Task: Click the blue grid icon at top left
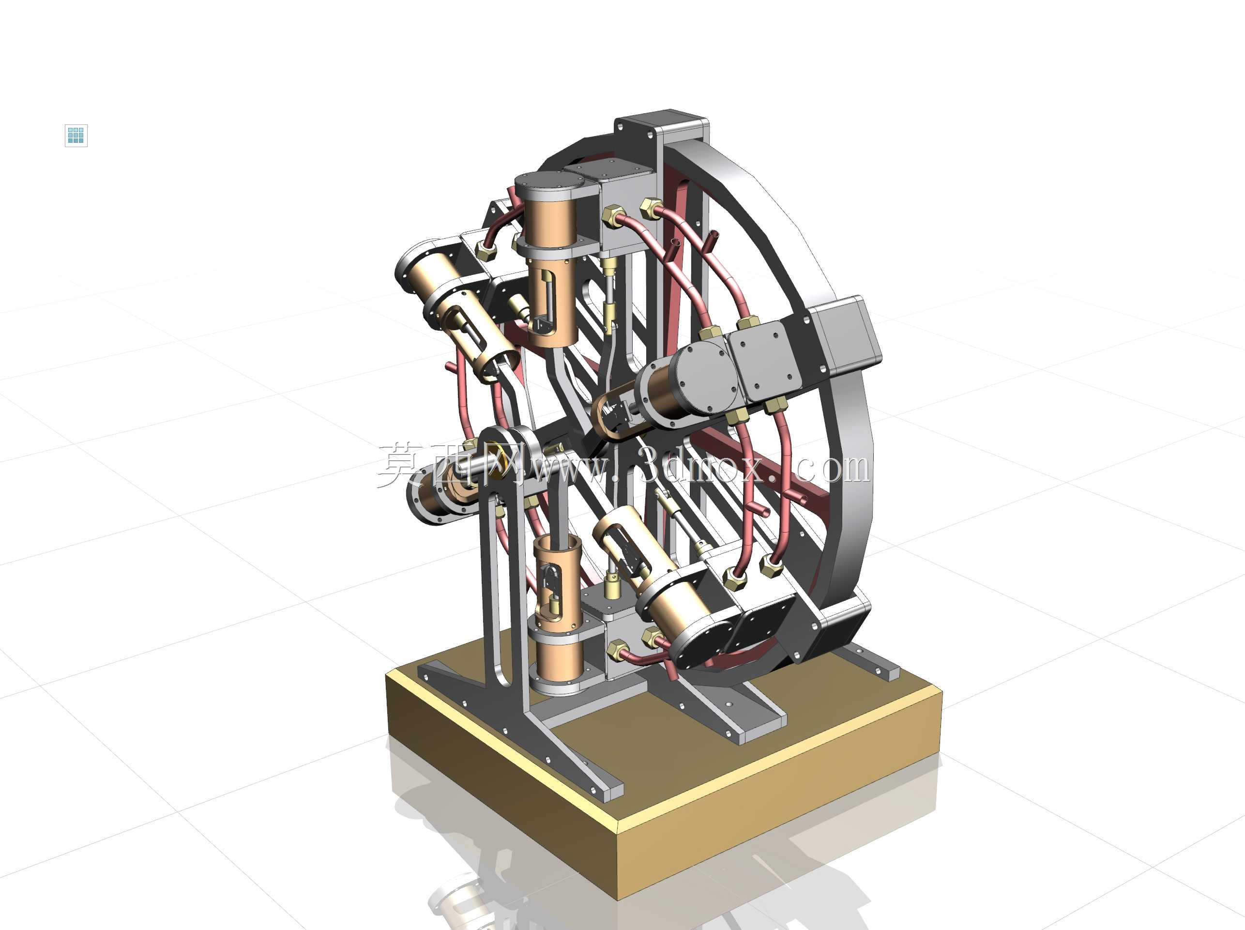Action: pos(76,135)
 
